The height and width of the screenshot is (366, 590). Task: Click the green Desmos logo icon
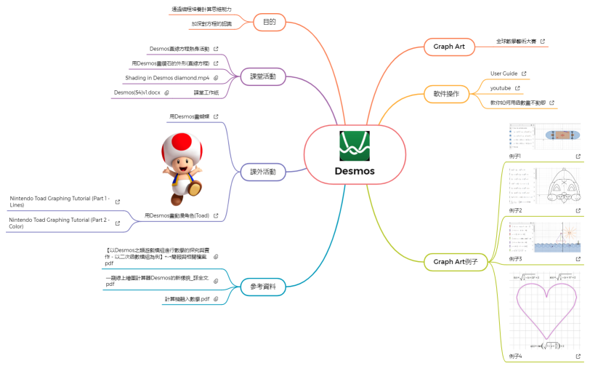coord(354,146)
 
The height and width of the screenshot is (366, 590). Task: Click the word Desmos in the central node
coord(354,172)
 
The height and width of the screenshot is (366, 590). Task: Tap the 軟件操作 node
coord(446,94)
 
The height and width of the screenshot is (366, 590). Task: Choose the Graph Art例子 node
coord(460,261)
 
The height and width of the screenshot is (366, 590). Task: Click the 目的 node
coord(269,22)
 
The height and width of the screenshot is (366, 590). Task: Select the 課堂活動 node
coord(262,76)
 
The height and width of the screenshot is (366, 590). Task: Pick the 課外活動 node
coord(262,172)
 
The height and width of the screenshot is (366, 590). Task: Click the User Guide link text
coord(504,73)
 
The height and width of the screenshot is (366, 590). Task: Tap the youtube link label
coord(501,88)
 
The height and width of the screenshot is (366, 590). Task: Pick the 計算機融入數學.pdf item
coord(187,299)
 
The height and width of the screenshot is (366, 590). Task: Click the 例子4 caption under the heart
coord(515,357)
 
